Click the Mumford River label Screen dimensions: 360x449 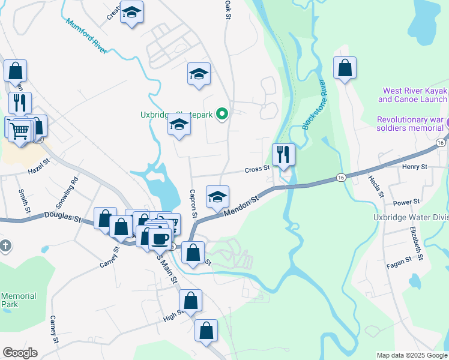86,36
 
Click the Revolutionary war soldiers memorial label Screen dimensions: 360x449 411,124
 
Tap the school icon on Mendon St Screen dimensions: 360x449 217,196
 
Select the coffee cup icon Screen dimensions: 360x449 160,239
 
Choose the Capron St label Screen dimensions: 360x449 193,204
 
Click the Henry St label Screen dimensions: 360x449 414,166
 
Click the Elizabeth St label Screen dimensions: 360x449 417,243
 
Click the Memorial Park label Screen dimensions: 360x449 18,300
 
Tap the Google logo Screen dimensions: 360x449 20,353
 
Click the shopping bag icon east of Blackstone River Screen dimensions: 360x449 345,68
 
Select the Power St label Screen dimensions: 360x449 406,203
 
